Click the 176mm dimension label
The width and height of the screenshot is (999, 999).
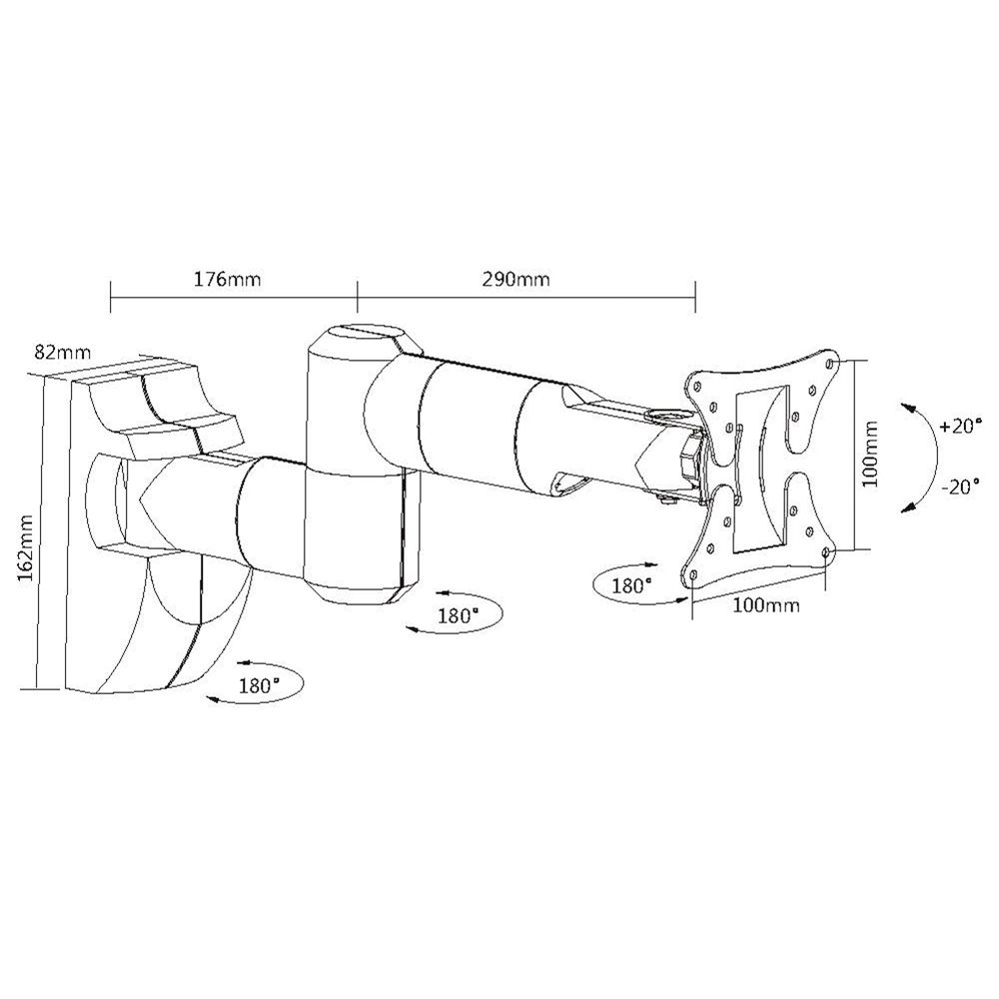point(228,280)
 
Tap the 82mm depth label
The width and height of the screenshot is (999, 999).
point(63,353)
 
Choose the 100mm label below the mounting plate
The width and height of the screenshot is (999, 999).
point(766,604)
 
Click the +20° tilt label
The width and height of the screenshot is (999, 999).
point(958,427)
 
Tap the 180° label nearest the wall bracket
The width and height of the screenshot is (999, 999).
point(260,686)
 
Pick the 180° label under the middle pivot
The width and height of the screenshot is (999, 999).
point(459,616)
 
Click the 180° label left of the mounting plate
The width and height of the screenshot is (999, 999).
point(632,585)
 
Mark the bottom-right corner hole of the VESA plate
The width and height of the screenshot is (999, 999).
point(826,551)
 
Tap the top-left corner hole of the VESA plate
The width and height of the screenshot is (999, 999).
point(697,386)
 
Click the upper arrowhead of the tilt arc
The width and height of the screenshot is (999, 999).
point(907,408)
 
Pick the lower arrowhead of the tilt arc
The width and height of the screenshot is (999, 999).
point(907,506)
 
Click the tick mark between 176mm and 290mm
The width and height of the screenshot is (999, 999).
point(358,297)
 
